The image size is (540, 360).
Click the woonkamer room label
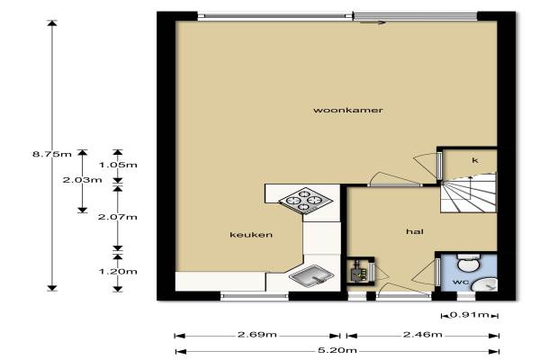[x=347, y=110]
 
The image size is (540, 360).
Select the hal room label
[x=415, y=231]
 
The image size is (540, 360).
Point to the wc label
[x=461, y=282]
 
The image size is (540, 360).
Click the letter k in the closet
[x=475, y=160]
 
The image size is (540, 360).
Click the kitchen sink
[x=311, y=274]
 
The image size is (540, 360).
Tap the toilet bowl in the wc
[x=468, y=263]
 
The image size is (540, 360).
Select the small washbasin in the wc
[x=485, y=285]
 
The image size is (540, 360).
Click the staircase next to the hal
[x=469, y=193]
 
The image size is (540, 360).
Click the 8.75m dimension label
[x=52, y=154]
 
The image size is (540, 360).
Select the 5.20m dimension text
[x=337, y=351]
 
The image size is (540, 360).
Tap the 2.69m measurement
[x=256, y=335]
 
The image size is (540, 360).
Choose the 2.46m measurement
[x=423, y=335]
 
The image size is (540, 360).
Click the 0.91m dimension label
[x=470, y=314]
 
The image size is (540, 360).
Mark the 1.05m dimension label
[x=118, y=165]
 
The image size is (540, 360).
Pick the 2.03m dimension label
[x=82, y=180]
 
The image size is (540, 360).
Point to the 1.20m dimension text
[x=118, y=272]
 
